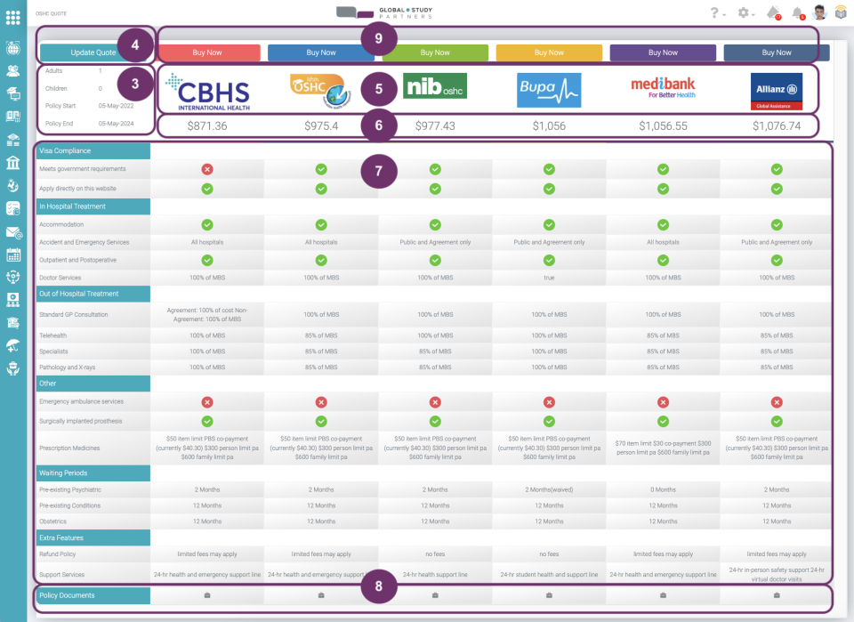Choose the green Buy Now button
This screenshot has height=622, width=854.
click(x=435, y=53)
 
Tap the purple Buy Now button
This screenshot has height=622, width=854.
click(x=663, y=53)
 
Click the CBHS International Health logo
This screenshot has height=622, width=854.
click(x=207, y=92)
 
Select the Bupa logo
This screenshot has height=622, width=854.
click(x=549, y=90)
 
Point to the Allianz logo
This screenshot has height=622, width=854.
click(x=777, y=91)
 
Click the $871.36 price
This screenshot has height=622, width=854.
click(x=207, y=126)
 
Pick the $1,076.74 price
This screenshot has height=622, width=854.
click(x=777, y=126)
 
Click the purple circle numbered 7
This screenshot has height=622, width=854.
click(x=379, y=172)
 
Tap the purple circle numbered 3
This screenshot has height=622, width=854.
click(x=135, y=85)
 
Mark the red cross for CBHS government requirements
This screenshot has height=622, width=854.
click(x=207, y=169)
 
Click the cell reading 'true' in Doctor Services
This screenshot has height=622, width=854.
click(x=549, y=279)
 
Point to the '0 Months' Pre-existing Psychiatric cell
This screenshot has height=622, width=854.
click(x=663, y=489)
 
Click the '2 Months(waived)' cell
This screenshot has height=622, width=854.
click(x=549, y=489)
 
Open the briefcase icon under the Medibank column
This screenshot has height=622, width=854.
click(x=663, y=595)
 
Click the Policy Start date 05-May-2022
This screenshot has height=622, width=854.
click(x=114, y=105)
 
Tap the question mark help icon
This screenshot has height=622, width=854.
click(x=713, y=13)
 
